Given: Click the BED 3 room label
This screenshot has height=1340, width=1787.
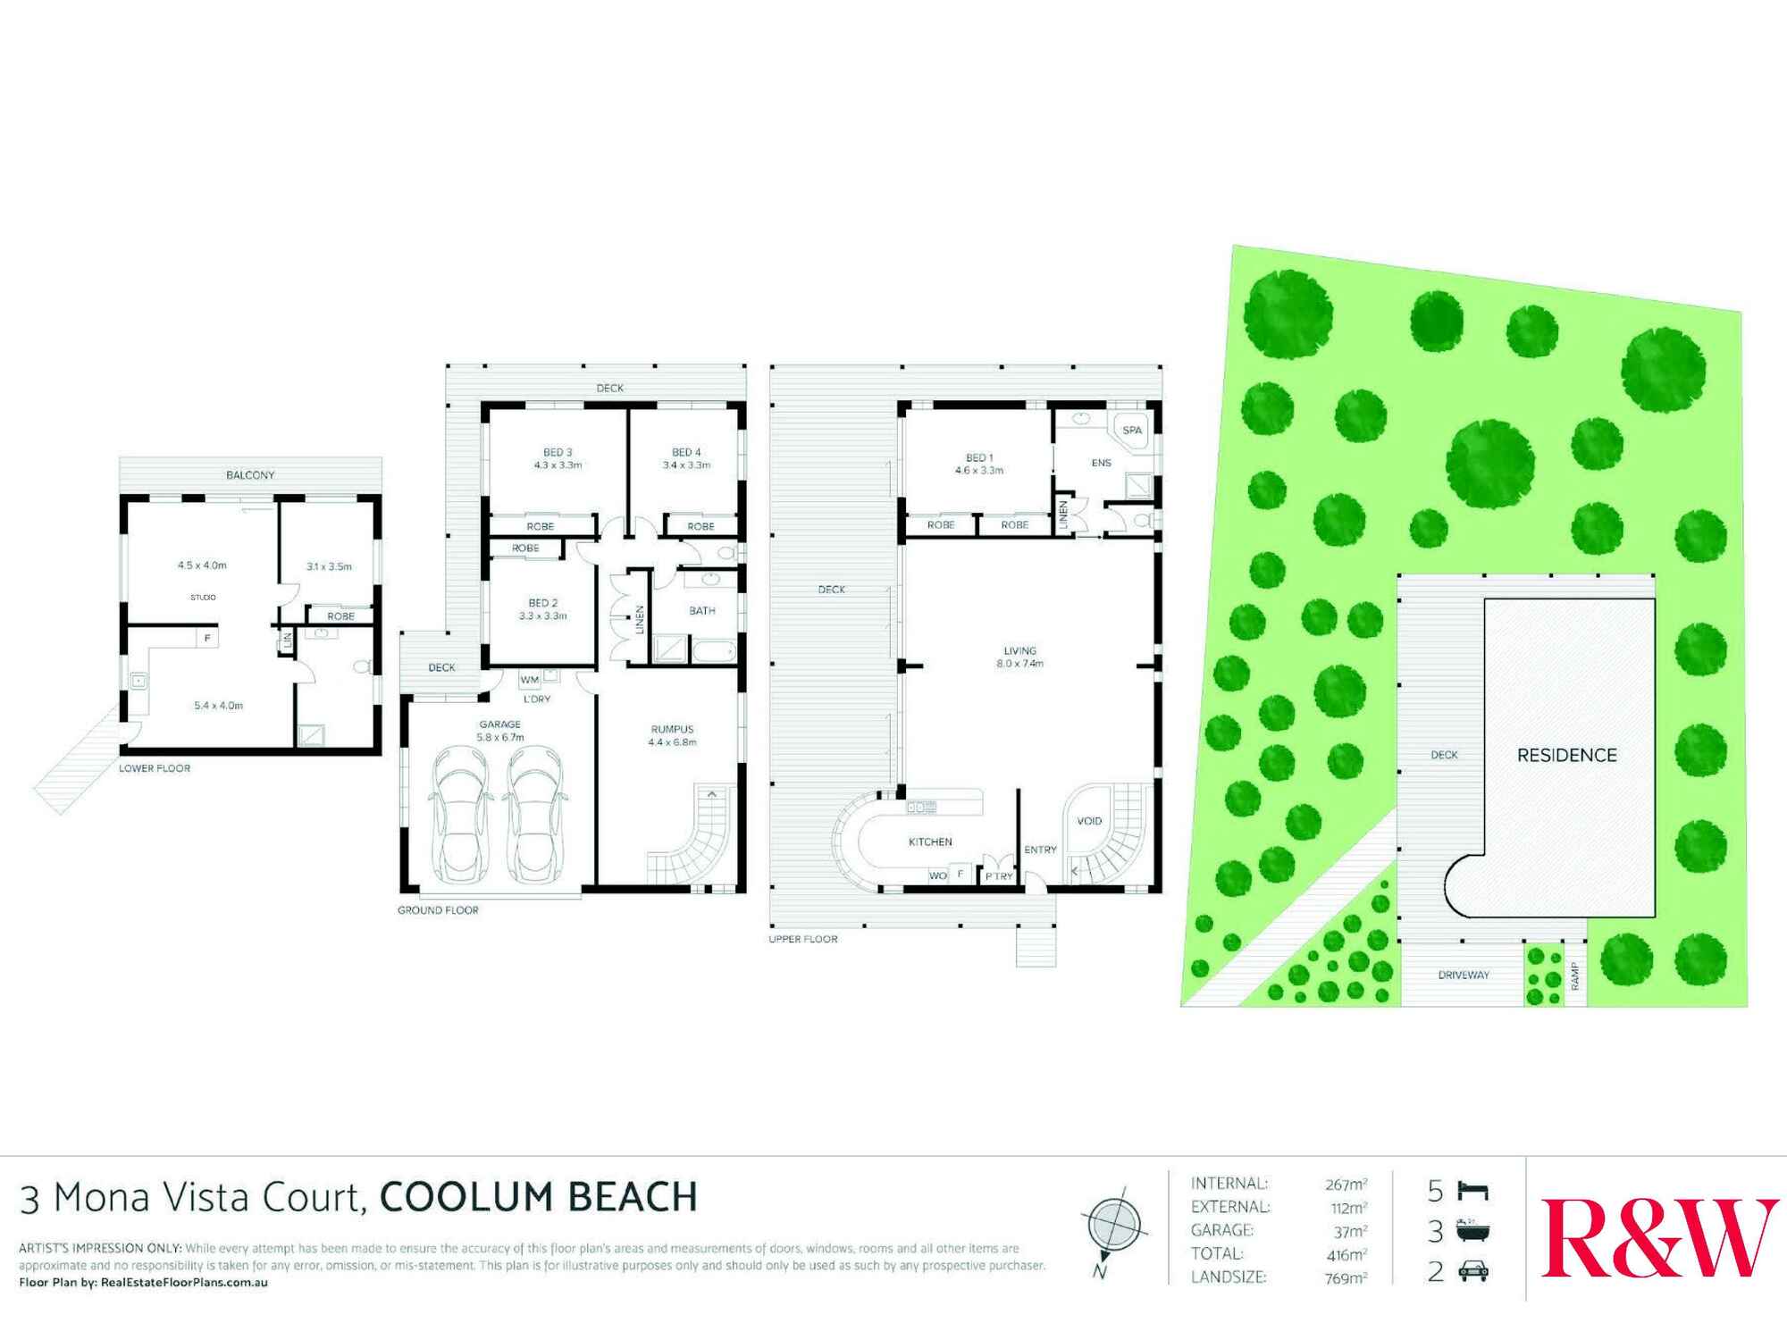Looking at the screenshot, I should point(558,453).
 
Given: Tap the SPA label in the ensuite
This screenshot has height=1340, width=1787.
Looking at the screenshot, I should point(1132,431).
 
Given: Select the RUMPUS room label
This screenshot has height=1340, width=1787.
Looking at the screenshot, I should point(672,730).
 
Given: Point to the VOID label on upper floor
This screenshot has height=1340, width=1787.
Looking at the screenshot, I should point(1089,821).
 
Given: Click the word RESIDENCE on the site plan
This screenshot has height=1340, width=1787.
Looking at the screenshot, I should point(1567,756).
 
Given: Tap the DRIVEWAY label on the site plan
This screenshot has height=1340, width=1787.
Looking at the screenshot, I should point(1464,975).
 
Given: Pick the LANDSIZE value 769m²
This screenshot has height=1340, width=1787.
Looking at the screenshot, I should point(1346,1278).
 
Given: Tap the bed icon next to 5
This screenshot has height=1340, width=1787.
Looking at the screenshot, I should point(1473,1191).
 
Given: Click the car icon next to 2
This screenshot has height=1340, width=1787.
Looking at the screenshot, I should point(1473,1273).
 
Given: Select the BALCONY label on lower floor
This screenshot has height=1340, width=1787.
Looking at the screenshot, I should point(250,475).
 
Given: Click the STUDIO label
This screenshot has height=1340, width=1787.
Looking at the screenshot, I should point(203,598).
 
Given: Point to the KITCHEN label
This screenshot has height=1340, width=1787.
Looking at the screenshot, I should point(930,842).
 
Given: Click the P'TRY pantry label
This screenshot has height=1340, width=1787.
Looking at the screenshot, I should point(998,876).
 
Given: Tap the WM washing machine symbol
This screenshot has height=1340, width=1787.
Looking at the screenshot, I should point(529,681).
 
